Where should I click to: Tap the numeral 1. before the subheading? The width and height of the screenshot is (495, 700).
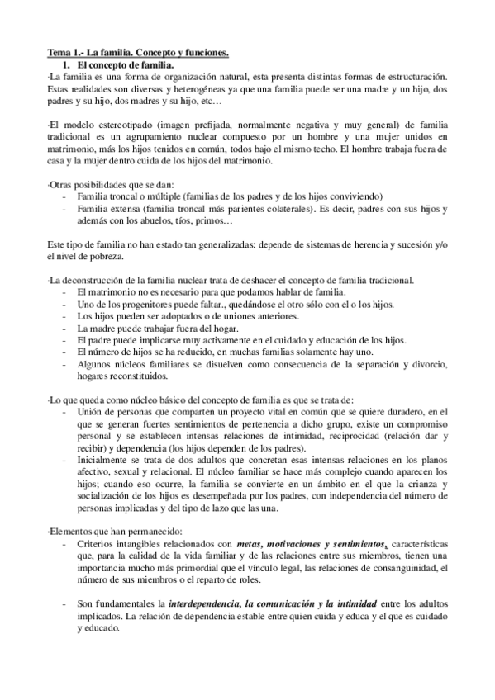coord(69,64)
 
